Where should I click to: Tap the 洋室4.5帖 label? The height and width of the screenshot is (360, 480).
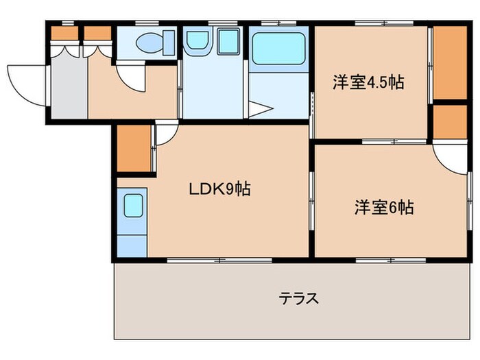click(368, 83)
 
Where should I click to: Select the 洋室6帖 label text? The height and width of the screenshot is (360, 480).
click(383, 207)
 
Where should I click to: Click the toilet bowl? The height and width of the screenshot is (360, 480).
click(149, 43)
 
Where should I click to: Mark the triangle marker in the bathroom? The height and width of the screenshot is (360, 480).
click(259, 108)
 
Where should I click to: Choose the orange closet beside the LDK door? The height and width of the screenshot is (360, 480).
click(133, 148)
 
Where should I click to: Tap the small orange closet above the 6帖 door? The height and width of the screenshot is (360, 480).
click(451, 121)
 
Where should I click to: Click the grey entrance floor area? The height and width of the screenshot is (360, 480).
click(69, 86)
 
